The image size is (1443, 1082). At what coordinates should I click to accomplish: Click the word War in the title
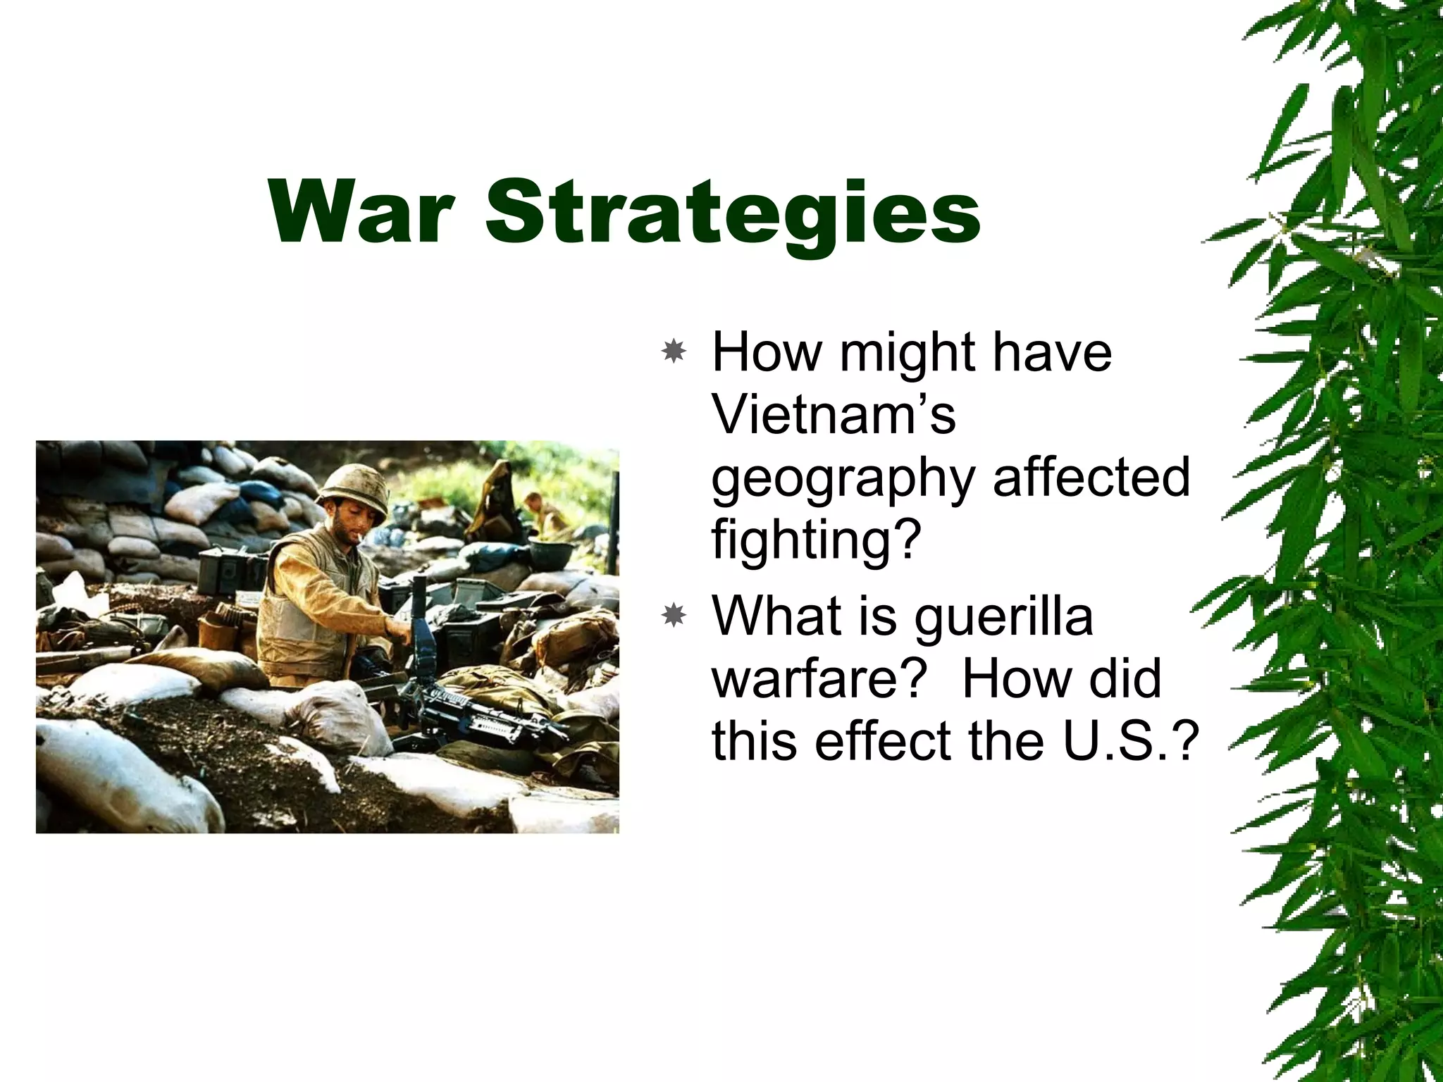[359, 211]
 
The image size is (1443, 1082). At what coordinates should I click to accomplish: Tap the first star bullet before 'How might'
[674, 351]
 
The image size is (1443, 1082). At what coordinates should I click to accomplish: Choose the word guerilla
[1004, 616]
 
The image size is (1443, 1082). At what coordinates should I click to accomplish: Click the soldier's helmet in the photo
[352, 486]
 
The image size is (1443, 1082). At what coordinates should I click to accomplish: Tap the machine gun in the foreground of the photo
[479, 708]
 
